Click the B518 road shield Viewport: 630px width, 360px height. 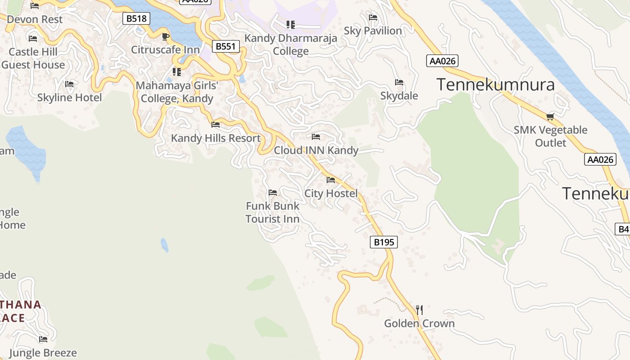click(136, 18)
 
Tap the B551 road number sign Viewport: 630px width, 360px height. click(225, 46)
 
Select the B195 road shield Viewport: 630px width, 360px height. click(384, 242)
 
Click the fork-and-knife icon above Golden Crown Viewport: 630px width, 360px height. click(419, 310)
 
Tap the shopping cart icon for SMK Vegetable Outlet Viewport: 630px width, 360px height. click(550, 117)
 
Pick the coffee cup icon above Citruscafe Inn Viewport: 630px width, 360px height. click(165, 37)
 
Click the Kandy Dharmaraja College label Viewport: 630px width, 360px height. click(291, 45)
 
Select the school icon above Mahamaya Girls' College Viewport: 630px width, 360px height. click(177, 72)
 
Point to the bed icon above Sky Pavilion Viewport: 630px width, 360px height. click(373, 18)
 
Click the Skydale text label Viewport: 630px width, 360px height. click(399, 96)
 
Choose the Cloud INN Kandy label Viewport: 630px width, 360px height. click(316, 150)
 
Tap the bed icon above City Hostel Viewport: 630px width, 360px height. click(331, 180)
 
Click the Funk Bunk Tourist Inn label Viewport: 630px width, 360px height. click(273, 212)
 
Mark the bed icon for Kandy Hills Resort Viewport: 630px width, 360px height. click(216, 125)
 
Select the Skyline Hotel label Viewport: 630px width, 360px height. click(69, 98)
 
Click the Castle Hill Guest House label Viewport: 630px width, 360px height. click(33, 58)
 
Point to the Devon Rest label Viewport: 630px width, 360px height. click(35, 19)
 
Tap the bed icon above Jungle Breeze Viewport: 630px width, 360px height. click(43, 339)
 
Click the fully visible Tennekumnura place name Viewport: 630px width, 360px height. click(495, 85)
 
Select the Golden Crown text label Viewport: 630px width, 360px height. click(419, 324)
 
